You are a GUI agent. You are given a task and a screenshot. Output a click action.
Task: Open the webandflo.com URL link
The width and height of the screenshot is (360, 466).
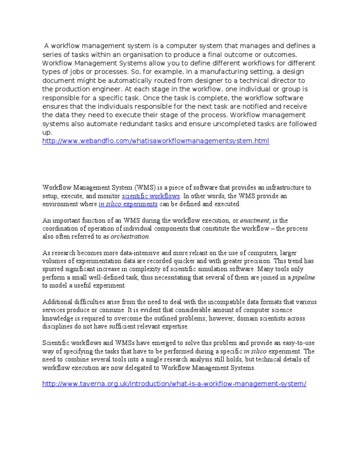coord(156,141)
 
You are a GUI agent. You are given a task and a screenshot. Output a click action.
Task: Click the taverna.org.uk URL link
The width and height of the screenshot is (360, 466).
coord(174,383)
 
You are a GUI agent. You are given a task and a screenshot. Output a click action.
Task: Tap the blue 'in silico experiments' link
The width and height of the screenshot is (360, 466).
coord(128,204)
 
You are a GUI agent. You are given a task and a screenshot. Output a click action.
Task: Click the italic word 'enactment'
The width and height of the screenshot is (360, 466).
coord(255,220)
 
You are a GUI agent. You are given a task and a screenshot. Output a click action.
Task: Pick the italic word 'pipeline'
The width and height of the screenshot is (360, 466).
coord(304,278)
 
